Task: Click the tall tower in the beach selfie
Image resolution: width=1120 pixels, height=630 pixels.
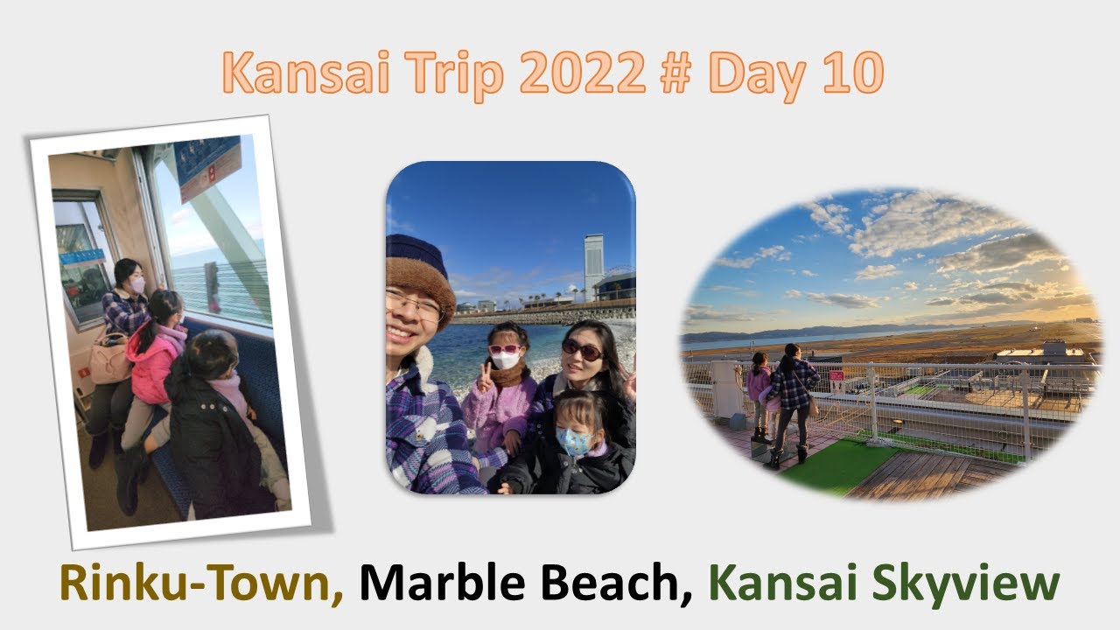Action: [594, 267]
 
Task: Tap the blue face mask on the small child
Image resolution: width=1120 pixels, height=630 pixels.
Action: [573, 442]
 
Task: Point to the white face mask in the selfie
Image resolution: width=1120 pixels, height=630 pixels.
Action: [505, 360]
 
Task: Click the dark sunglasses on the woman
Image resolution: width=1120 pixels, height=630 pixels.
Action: [582, 350]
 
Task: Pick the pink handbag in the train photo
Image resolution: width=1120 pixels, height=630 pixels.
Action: [110, 359]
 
